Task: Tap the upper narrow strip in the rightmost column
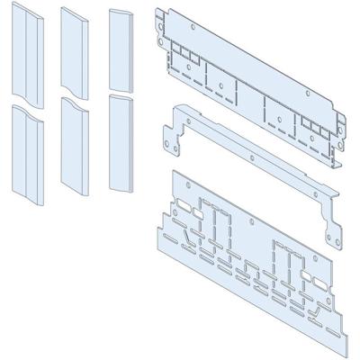click(x=120, y=45)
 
